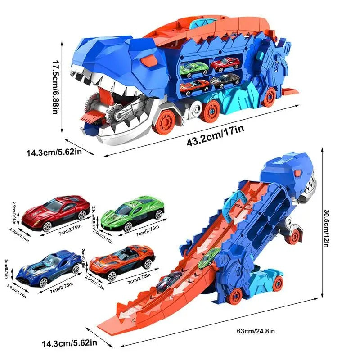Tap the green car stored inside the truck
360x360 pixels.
193,68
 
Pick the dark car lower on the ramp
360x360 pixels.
165,282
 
